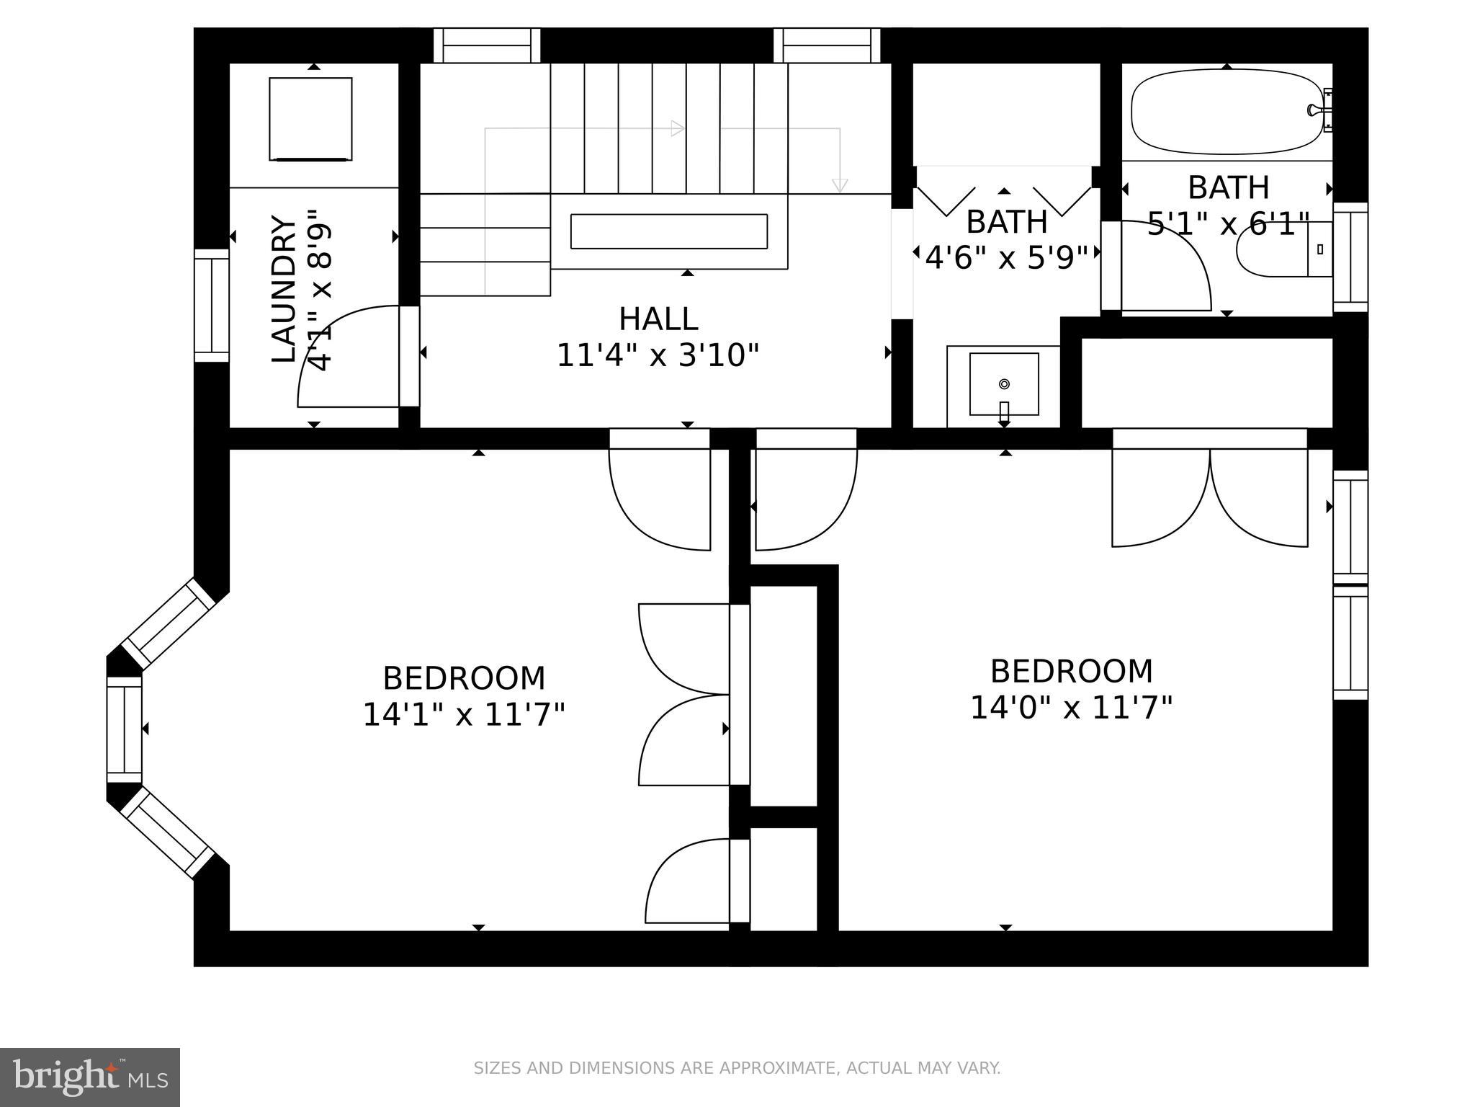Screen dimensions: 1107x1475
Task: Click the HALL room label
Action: (x=658, y=319)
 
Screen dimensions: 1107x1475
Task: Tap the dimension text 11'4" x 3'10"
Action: (x=658, y=355)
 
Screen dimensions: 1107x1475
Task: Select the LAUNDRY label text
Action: (x=284, y=289)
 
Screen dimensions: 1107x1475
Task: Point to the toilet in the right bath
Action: (x=1282, y=249)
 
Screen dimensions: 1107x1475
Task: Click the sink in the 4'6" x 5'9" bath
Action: (x=1004, y=384)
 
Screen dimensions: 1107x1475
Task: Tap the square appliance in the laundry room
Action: (x=310, y=119)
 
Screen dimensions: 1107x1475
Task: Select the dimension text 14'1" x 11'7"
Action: (x=463, y=715)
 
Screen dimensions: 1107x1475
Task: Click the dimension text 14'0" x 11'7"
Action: (x=1071, y=708)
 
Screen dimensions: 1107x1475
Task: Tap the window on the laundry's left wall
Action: (x=211, y=305)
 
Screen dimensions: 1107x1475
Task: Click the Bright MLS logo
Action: (x=89, y=1077)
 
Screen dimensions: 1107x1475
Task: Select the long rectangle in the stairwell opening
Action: (x=668, y=231)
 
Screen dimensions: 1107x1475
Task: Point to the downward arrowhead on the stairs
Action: (x=839, y=185)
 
